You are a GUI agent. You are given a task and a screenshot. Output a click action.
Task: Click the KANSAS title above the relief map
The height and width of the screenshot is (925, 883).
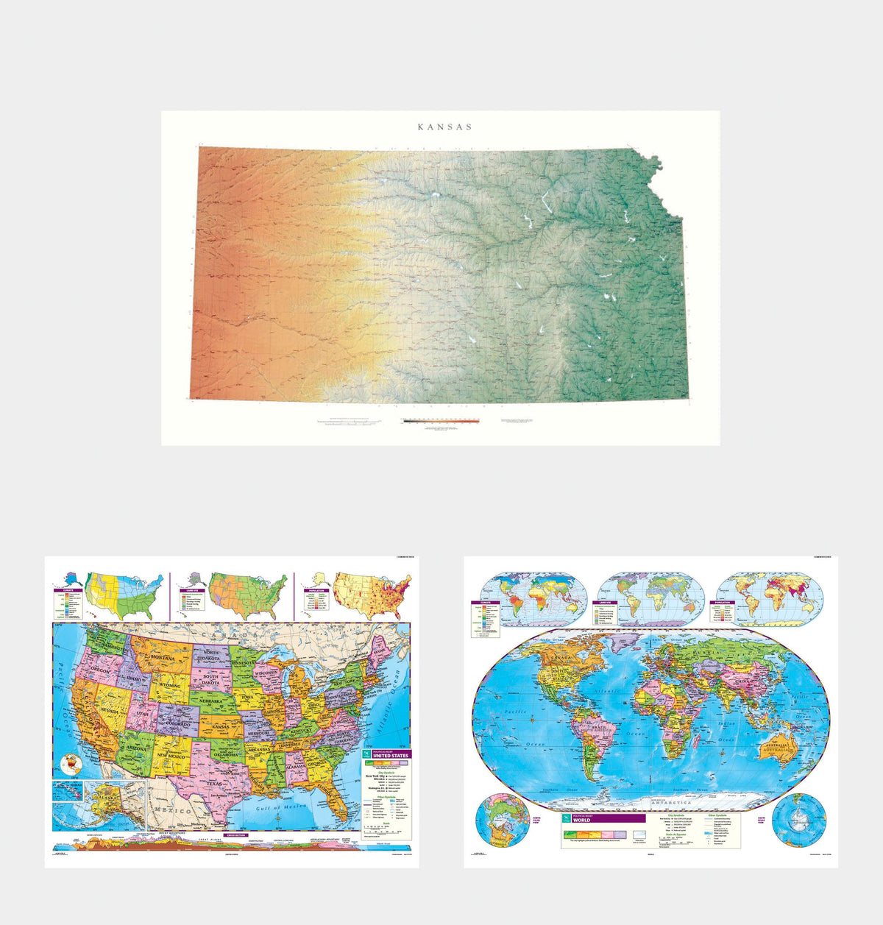[x=444, y=127]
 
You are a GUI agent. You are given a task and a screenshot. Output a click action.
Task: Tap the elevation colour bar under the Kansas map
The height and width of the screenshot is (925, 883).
[x=441, y=422]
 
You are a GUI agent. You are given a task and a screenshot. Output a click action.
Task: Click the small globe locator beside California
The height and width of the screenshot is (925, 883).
[x=71, y=765]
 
